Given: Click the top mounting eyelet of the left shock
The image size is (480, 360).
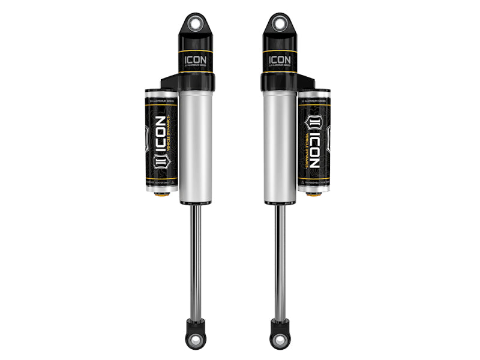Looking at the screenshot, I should pos(196,24).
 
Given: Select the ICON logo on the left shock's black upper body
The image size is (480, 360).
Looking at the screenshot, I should pos(196,60).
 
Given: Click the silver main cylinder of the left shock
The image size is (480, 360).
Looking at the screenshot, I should pos(196,144).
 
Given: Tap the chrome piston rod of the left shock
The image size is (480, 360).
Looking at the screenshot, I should pos(196,258).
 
